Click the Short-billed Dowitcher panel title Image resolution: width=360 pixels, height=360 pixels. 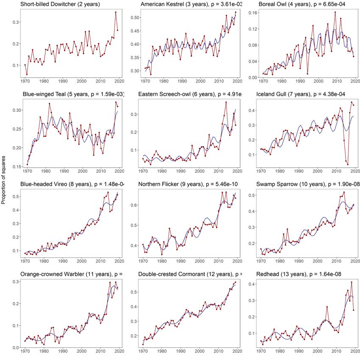(x=58, y=5)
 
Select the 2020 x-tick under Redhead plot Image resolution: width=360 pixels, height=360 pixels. (x=355, y=352)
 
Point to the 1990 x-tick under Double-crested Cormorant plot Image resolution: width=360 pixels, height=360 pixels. (x=182, y=352)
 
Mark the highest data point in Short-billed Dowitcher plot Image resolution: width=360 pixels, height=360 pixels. (x=116, y=12)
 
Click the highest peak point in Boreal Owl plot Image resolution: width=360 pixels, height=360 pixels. (x=335, y=12)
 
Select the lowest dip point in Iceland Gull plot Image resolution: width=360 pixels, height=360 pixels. (x=348, y=164)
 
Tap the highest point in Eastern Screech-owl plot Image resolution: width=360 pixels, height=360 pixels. (x=226, y=102)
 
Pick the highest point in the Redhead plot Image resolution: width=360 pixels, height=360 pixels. (x=351, y=282)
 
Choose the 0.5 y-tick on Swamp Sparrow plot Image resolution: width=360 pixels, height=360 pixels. (x=253, y=195)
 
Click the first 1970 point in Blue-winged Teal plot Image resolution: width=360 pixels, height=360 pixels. (x=27, y=164)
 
